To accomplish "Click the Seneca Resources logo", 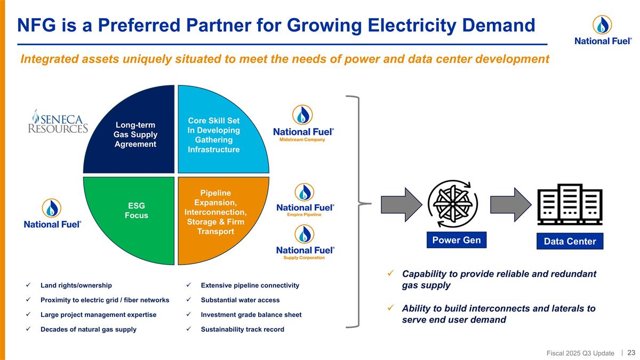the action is [x=58, y=122].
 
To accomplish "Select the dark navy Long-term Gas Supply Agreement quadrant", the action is [x=134, y=134].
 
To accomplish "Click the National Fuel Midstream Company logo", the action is [x=303, y=123].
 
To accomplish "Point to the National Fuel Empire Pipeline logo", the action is [x=305, y=200].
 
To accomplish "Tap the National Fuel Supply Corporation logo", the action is [x=305, y=242].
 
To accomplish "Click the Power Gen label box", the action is [x=457, y=240].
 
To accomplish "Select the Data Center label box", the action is [x=570, y=241].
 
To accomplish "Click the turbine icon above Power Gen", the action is [x=453, y=204].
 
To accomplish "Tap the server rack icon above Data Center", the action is [x=570, y=204].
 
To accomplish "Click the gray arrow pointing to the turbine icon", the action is [x=402, y=205].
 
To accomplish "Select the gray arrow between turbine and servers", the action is [x=511, y=205].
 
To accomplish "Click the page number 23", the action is [x=631, y=353].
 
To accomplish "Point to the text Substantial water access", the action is [x=240, y=300].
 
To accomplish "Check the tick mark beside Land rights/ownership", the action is [x=28, y=285].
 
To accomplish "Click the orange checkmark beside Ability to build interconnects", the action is [x=390, y=308].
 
